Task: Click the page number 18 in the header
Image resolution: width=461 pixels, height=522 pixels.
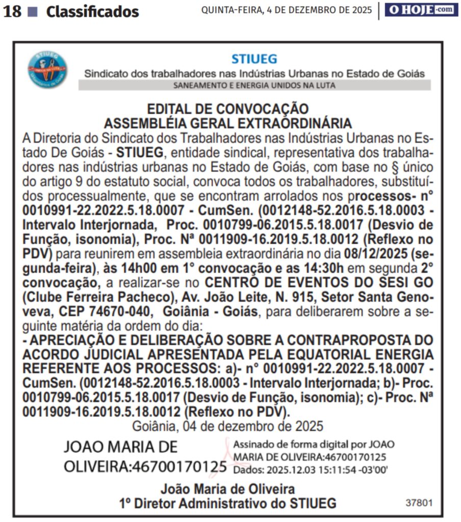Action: click(12, 11)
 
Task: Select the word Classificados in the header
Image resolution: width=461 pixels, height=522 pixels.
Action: click(92, 12)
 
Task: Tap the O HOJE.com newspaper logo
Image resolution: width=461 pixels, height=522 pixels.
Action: click(421, 9)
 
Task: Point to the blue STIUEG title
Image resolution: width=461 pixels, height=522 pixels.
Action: click(254, 59)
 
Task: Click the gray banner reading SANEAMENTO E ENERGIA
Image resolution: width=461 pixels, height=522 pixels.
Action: click(254, 85)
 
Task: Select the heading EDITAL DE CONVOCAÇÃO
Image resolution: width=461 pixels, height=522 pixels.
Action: click(227, 109)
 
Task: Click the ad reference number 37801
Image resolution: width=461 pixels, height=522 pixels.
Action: click(419, 503)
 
